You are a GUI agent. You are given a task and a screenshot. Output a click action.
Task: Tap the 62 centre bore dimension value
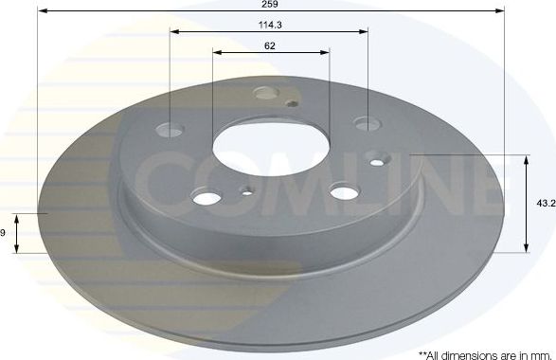point(270,45)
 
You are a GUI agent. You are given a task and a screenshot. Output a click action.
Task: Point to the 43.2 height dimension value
point(545,204)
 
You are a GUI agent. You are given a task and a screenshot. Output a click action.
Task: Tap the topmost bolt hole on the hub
point(267,93)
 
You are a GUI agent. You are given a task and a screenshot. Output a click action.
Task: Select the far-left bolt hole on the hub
point(171,129)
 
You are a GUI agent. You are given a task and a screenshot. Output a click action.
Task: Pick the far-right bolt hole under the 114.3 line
point(367,123)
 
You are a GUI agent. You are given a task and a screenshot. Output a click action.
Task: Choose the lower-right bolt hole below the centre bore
point(342,191)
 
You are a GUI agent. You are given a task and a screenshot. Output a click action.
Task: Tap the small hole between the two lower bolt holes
point(248,194)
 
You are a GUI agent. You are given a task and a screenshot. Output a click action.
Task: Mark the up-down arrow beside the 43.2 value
point(526,203)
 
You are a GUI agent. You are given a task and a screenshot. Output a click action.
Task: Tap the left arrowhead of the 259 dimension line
point(42,10)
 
